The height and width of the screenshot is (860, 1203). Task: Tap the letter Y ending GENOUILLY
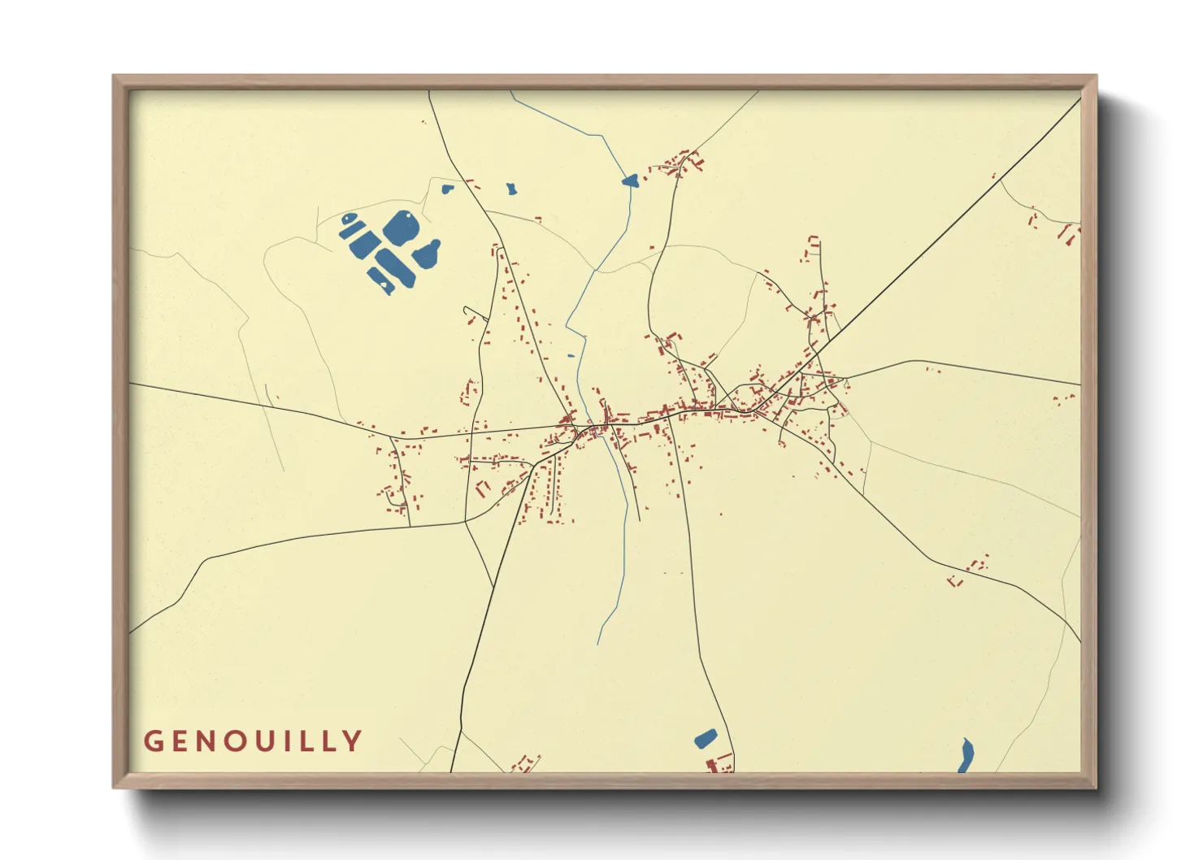click(353, 741)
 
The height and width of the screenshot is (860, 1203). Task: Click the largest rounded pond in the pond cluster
click(401, 228)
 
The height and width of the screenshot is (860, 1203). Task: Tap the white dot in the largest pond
click(409, 215)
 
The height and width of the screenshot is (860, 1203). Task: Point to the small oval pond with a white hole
click(349, 219)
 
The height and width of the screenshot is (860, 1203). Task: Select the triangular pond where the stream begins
click(630, 180)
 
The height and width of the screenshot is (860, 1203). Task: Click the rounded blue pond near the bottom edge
click(706, 739)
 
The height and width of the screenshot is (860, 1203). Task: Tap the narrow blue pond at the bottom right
click(966, 755)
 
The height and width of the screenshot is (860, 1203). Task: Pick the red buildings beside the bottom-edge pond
click(719, 763)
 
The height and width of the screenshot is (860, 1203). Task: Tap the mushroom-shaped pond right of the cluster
click(428, 254)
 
